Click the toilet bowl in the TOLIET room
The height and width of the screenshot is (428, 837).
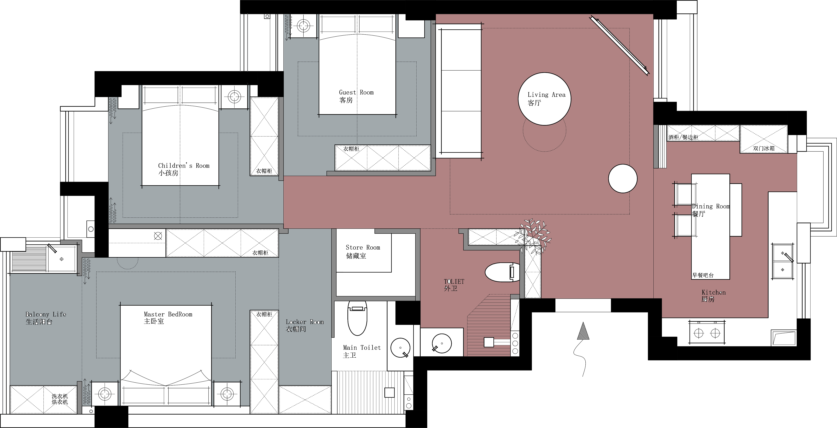click(502, 272)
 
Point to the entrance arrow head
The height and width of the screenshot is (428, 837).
click(583, 331)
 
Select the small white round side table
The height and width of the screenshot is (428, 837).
click(623, 179)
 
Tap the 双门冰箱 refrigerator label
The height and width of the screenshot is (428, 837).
click(764, 148)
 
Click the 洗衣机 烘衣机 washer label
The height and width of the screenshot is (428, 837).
click(60, 399)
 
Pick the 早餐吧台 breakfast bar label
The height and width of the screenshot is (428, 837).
click(703, 275)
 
